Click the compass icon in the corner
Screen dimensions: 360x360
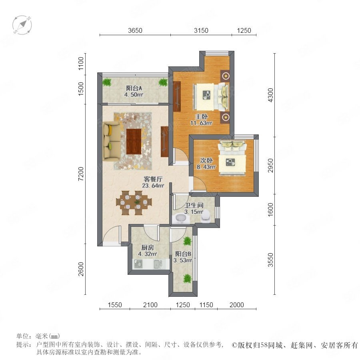[x=22, y=25]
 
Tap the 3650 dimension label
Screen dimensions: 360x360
[x=135, y=30]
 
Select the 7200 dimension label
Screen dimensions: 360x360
[x=81, y=174]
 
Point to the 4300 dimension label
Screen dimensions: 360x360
[x=271, y=95]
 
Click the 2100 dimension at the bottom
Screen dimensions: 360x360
[x=150, y=305]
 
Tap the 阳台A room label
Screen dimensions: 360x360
[x=134, y=88]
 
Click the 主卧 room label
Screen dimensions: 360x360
[x=201, y=116]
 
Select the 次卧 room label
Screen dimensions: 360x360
[x=206, y=160]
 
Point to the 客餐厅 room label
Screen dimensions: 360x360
[x=153, y=179]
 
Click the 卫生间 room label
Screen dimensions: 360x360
[x=194, y=205]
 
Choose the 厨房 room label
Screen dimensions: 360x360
[x=147, y=248]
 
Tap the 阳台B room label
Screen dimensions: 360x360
[x=183, y=254]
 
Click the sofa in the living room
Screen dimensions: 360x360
[x=112, y=141]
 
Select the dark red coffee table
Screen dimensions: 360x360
[x=134, y=142]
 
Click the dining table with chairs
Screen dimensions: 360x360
[x=134, y=203]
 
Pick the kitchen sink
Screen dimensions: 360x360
[x=158, y=264]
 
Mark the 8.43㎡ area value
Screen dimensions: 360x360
[x=206, y=167]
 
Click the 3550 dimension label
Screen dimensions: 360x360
[x=271, y=260]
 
